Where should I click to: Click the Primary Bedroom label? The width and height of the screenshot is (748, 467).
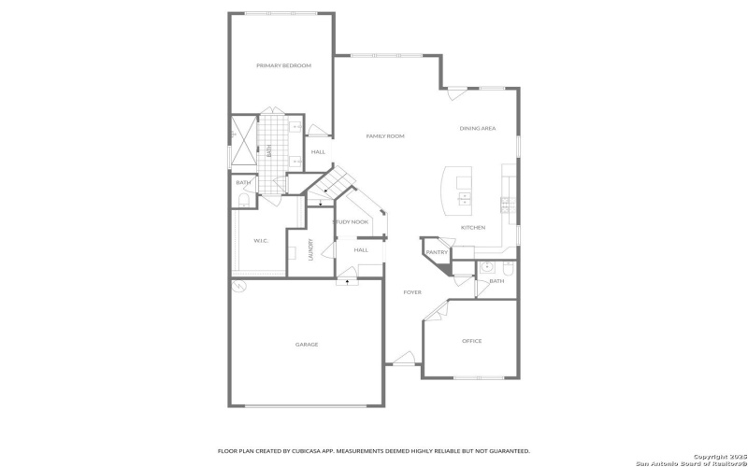283,65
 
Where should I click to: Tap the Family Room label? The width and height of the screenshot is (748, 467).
384,136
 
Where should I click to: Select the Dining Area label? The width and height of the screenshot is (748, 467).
477,128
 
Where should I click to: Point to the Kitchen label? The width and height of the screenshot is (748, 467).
473,227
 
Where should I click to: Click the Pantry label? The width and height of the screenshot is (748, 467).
437,252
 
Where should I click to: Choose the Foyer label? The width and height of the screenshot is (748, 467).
412,292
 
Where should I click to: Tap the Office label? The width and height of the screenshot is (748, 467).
472,341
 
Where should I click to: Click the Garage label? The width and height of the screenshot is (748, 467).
307,345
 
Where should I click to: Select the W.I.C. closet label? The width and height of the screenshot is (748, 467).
261,241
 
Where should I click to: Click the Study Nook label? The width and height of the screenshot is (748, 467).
351,221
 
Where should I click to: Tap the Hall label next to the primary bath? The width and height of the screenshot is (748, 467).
318,151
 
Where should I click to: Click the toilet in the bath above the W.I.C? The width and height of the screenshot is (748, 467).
244,200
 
